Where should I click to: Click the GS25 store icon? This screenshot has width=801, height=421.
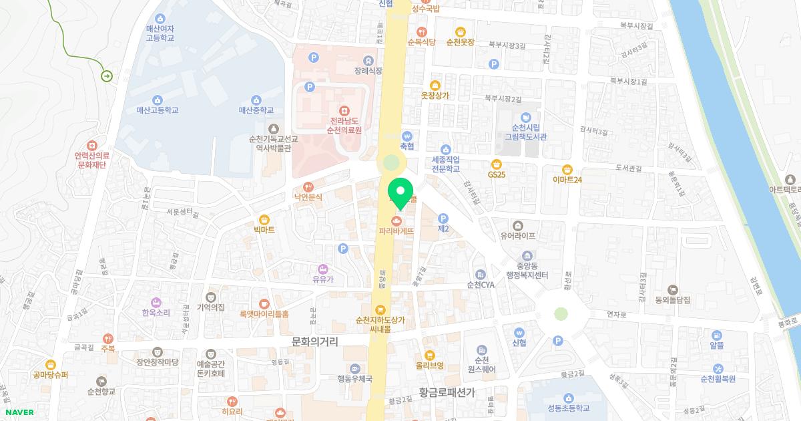click(x=496, y=164)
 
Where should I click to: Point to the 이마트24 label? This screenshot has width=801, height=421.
click(x=567, y=180)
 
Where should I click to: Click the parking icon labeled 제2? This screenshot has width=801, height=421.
click(x=443, y=218)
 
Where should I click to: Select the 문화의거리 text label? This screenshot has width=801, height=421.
click(x=315, y=341)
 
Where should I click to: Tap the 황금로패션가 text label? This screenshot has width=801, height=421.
click(x=437, y=393)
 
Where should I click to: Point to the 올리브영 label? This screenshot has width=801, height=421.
click(x=430, y=366)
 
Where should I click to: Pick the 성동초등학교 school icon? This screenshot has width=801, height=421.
click(x=568, y=398)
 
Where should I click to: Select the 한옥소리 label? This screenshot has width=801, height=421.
click(x=156, y=312)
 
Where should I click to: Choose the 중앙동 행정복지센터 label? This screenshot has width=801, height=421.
click(x=527, y=271)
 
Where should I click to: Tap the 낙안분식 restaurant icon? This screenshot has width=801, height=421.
click(x=308, y=187)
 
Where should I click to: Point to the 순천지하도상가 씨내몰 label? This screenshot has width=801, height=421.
click(x=380, y=324)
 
